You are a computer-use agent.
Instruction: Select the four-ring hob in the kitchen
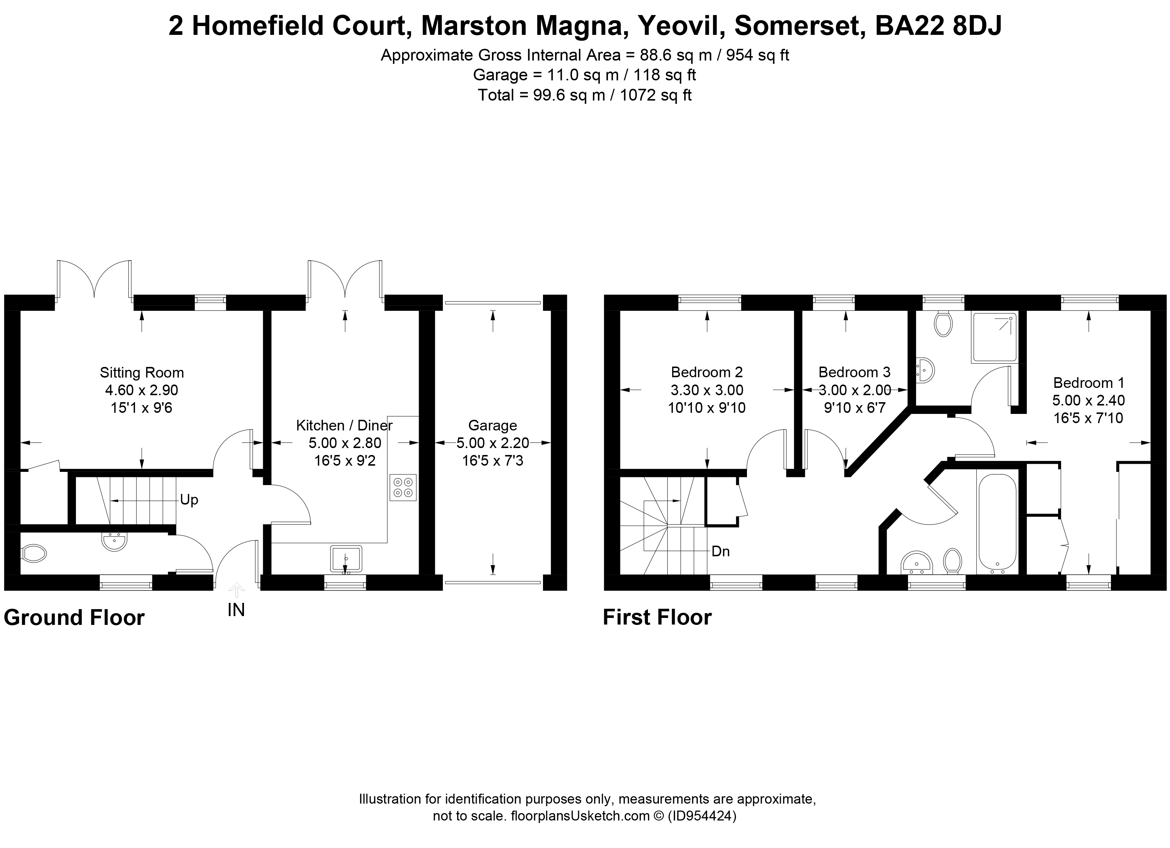(403, 487)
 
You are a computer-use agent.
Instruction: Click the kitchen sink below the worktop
(346, 558)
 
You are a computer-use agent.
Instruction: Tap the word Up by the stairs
(189, 500)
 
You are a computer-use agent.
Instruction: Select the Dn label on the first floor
(720, 552)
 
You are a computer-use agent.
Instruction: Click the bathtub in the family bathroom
(997, 522)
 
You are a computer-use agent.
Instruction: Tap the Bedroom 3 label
(854, 372)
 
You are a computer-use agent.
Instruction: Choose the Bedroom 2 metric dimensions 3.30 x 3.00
(707, 390)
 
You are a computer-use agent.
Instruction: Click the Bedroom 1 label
(1089, 383)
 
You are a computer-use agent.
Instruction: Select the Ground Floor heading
(74, 618)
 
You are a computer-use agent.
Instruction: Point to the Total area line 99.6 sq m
(584, 95)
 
